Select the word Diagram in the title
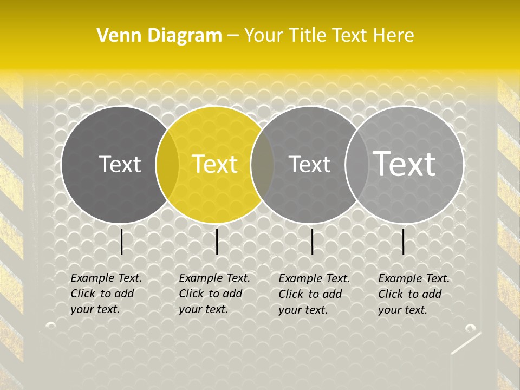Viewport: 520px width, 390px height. pos(185,36)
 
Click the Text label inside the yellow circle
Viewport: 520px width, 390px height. pos(215,164)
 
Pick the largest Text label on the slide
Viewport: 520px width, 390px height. pos(405,164)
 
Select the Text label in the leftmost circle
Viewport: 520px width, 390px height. pos(120,164)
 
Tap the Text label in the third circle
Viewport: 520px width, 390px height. pos(309,164)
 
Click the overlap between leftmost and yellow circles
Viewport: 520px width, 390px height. pos(167,164)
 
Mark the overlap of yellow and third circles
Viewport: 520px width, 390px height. pos(262,164)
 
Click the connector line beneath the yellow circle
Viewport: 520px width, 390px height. pos(217,242)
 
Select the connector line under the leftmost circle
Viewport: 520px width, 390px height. pos(122,242)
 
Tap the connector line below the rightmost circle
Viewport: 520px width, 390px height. pos(404,242)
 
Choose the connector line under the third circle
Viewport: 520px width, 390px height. pos(313,242)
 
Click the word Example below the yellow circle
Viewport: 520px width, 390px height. pos(200,278)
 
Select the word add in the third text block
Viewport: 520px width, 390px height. pos(333,294)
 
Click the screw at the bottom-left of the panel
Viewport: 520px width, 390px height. pos(51,326)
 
